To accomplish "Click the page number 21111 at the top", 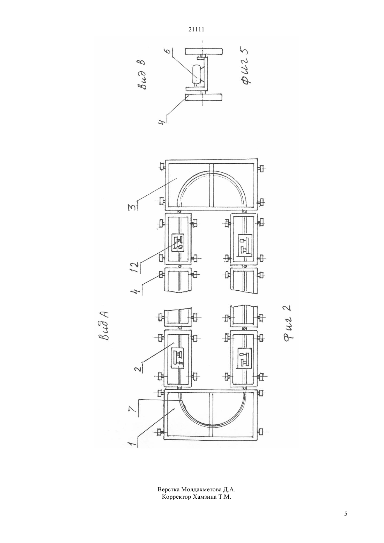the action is [196, 30].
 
